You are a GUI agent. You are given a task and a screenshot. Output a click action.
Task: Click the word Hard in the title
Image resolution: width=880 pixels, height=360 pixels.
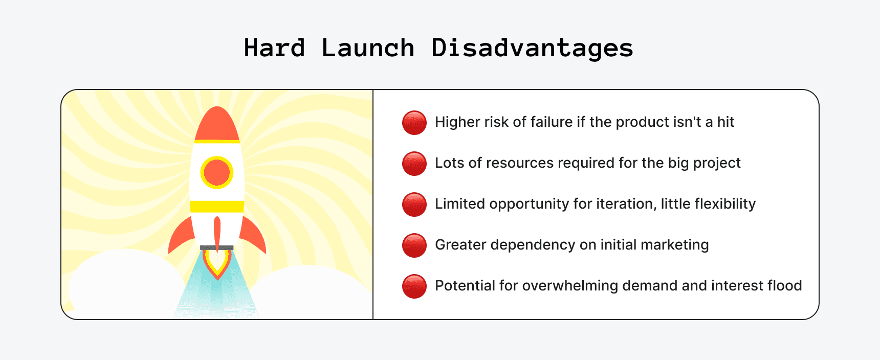pos(274,48)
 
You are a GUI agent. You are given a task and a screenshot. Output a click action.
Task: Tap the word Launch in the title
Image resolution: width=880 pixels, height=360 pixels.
pos(368,48)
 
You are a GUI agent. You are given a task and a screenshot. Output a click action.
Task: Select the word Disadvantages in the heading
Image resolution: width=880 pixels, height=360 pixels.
pos(532,48)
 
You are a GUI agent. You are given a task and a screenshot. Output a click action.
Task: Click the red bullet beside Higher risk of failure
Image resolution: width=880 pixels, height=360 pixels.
pos(414,123)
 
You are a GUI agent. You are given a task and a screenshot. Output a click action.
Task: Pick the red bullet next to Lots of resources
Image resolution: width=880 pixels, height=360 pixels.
pos(414,164)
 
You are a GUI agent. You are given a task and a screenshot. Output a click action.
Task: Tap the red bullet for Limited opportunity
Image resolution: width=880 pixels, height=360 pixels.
pos(414,205)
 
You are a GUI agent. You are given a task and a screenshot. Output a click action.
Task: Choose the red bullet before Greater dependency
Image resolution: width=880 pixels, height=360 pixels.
pos(414,245)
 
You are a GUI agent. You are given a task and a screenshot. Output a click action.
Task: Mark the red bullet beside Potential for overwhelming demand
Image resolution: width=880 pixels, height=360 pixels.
pos(414,286)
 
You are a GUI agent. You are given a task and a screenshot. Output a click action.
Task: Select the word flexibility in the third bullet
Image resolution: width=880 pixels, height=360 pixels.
pos(725,204)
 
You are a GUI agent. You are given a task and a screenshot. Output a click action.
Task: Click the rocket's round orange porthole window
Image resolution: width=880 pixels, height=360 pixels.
pos(217,172)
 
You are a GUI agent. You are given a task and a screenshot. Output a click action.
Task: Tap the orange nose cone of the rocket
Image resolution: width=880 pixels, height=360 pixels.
pos(217,125)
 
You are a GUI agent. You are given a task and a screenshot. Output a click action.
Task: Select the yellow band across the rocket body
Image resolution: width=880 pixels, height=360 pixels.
pos(217,207)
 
